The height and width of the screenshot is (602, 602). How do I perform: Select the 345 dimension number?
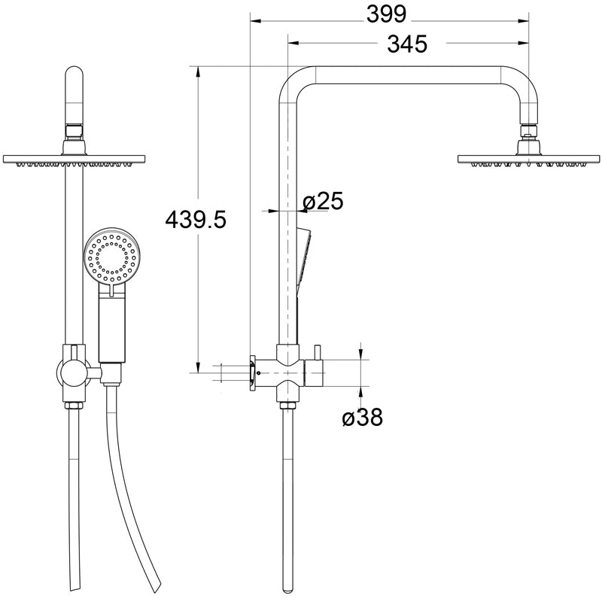coord(407,44)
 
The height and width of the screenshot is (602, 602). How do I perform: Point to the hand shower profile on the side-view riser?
coord(303,256)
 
